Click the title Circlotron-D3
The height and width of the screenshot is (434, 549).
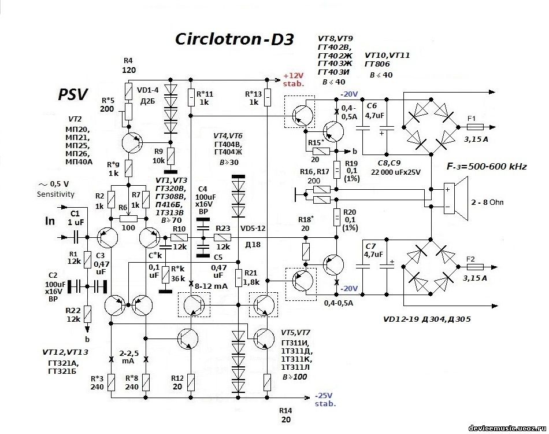coord(235,39)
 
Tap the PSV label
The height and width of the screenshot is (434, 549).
coord(72,95)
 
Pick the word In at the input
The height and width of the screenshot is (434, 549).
coord(51,221)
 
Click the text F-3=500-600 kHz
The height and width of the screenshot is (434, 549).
coord(487,167)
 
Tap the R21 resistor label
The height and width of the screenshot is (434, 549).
coord(250,272)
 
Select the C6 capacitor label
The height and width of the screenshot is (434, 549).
coord(371,106)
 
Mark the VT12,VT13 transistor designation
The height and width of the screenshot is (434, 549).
coord(65,351)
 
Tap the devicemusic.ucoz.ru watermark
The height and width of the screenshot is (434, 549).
coord(506,427)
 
